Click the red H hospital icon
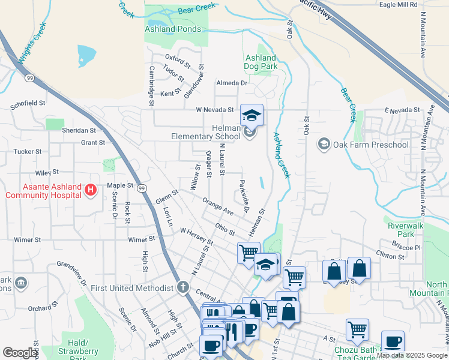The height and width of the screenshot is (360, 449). coord(90,190)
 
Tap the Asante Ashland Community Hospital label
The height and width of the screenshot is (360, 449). coord(43,191)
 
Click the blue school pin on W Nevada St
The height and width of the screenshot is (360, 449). coord(252,114)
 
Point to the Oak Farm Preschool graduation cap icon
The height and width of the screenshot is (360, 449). coord(324,144)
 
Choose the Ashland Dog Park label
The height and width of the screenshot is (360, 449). coord(260,62)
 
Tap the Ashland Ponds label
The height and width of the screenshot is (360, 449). coord(173,29)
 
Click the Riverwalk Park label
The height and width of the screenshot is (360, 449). coord(402,230)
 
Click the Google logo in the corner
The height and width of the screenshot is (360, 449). coord(20,353)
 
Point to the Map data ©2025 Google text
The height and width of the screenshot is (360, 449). coord(412,355)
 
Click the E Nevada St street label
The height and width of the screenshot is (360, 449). coord(402,110)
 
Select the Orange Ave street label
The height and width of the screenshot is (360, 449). coord(218,207)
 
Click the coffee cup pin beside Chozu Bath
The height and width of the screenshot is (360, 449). coord(393,342)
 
